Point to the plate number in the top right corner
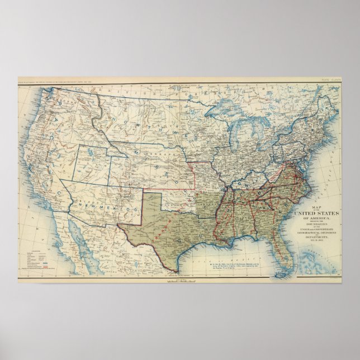(329, 80)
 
